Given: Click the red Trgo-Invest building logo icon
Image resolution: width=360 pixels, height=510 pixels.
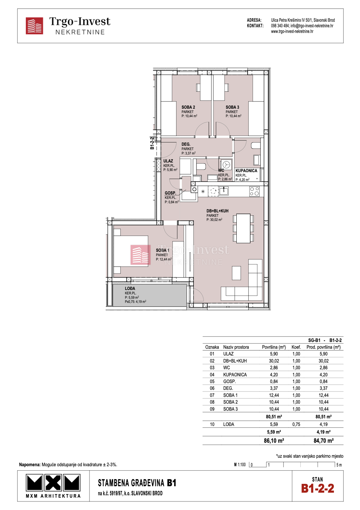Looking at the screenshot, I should (34, 26).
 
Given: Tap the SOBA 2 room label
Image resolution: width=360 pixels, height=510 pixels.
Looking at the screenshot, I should (188, 107).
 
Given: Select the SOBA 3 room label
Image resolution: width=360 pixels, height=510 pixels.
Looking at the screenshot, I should (232, 107).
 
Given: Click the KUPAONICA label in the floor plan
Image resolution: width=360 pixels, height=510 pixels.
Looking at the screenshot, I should (246, 171).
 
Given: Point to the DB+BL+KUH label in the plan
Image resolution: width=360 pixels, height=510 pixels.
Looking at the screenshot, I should (217, 211).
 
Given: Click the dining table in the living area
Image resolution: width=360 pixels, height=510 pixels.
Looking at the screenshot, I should (243, 228).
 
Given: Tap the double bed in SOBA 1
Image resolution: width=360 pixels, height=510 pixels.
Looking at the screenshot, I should (131, 251).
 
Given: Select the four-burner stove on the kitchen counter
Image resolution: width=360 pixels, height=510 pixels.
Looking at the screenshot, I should (254, 191).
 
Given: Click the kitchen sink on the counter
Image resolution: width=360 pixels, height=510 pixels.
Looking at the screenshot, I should (223, 191).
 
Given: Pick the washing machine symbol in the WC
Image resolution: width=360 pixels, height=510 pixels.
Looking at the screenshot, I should (226, 164).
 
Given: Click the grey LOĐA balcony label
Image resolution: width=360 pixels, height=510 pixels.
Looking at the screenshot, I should (130, 288).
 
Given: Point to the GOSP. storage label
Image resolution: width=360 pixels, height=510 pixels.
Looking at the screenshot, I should (170, 193).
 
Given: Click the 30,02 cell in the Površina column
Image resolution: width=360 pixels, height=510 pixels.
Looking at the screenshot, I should (274, 361).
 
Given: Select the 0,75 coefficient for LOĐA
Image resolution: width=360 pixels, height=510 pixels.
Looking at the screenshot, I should (296, 424).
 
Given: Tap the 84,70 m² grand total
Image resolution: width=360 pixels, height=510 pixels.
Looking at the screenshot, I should (323, 441).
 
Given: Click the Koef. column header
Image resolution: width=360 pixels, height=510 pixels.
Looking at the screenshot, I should (296, 347).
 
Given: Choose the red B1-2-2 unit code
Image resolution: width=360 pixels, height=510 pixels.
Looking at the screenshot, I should (317, 489).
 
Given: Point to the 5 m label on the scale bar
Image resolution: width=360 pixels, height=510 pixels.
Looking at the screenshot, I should (339, 465).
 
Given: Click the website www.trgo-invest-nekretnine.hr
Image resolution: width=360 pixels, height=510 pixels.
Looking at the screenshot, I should (292, 31).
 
